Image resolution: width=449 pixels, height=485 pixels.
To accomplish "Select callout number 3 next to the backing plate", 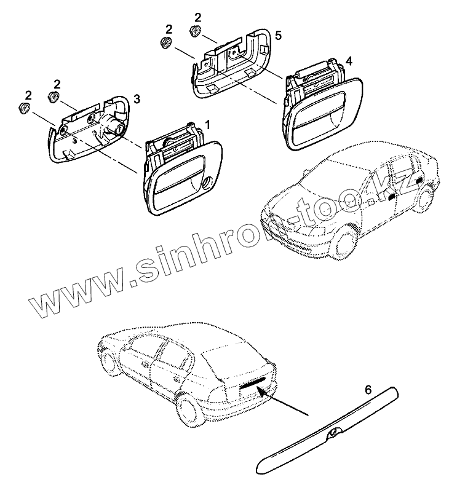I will tap(137, 98).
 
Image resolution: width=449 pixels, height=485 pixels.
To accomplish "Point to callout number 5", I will tap(278, 36).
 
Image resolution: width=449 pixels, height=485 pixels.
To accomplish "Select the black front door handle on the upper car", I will tap(391, 197).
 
